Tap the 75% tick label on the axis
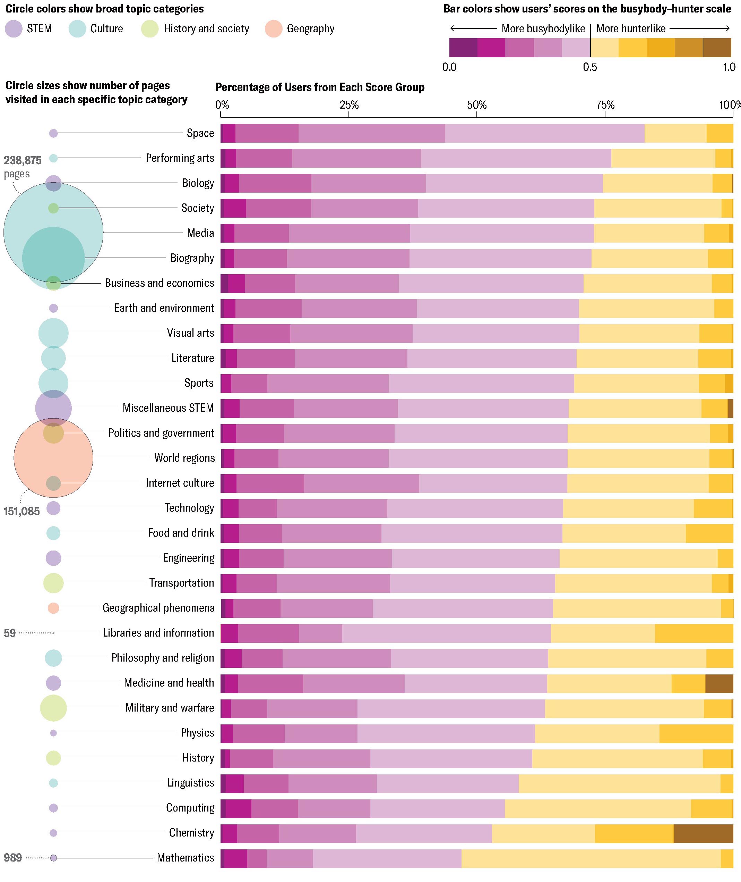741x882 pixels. [605, 105]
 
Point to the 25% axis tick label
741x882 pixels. [349, 105]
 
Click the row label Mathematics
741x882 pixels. [185, 858]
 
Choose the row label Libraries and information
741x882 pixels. [158, 633]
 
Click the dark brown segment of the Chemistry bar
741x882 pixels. [703, 833]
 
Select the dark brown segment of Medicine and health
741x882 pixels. [719, 683]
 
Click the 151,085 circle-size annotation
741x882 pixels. [22, 511]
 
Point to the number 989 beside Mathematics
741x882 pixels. [12, 858]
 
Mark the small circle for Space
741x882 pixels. [53, 133]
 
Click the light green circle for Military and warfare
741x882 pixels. [53, 708]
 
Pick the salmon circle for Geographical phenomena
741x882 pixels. [53, 608]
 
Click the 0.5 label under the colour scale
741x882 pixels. [590, 67]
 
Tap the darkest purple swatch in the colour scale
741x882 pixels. [463, 48]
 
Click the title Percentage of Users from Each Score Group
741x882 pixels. [320, 87]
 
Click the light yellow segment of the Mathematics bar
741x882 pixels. [591, 858]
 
